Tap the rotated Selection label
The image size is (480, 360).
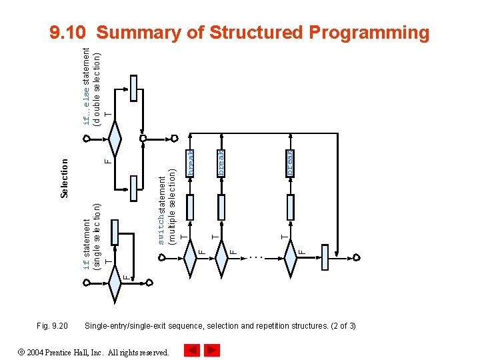pyautogui.click(x=65, y=177)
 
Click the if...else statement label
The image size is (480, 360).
pyautogui.click(x=92, y=85)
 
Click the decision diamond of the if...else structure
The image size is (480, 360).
pyautogui.click(x=115, y=139)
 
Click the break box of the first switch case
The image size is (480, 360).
pyautogui.click(x=190, y=163)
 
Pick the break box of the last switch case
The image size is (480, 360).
pyautogui.click(x=290, y=163)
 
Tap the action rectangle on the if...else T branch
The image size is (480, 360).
pyautogui.click(x=135, y=88)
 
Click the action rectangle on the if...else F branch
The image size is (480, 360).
pyautogui.click(x=135, y=188)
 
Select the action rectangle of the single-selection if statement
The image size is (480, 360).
pyautogui.click(x=115, y=232)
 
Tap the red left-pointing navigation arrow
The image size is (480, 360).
pyautogui.click(x=191, y=350)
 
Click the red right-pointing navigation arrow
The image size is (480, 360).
pyautogui.click(x=211, y=350)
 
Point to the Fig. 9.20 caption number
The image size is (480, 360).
pyautogui.click(x=52, y=326)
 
